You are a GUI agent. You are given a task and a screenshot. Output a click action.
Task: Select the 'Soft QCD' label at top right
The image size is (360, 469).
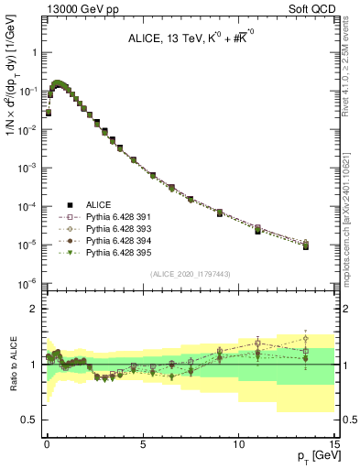point(310,9)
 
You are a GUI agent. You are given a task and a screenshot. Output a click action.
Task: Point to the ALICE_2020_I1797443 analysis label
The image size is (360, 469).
point(191,275)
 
